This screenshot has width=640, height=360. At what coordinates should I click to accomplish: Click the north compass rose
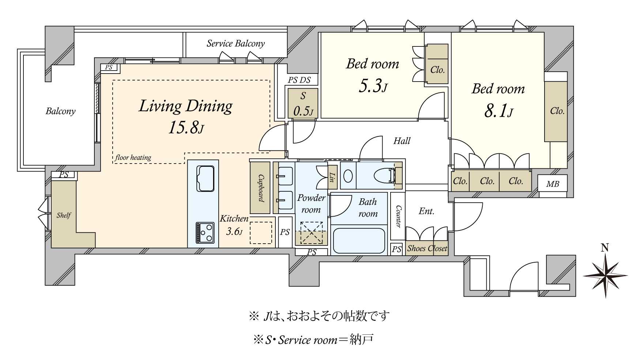click(x=605, y=275)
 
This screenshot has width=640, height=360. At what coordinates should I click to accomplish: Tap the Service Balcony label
click(x=236, y=44)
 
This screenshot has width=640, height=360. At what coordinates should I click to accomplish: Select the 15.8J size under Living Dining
click(x=186, y=128)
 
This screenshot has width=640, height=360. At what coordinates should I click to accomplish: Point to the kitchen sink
click(x=206, y=179)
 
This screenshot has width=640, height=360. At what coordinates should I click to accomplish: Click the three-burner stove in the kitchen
click(x=205, y=232)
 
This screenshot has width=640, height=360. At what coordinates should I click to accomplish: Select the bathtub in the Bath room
click(x=359, y=241)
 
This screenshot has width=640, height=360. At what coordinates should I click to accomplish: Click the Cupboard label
click(x=260, y=188)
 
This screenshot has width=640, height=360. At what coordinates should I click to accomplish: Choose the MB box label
click(x=553, y=184)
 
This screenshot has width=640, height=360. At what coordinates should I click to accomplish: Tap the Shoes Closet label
click(x=427, y=248)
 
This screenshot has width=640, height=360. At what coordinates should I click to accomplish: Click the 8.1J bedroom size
click(x=498, y=110)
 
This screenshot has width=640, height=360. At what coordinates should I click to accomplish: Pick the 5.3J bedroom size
click(x=373, y=86)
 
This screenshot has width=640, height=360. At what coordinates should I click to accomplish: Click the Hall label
click(x=402, y=141)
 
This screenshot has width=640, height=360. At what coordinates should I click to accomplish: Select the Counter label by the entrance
click(x=398, y=216)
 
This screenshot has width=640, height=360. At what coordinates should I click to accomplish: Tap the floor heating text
click(x=133, y=158)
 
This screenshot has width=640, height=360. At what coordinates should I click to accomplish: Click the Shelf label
click(x=64, y=215)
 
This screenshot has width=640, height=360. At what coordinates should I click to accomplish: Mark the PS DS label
click(x=299, y=80)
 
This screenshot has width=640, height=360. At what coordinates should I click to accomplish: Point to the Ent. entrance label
click(x=426, y=211)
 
